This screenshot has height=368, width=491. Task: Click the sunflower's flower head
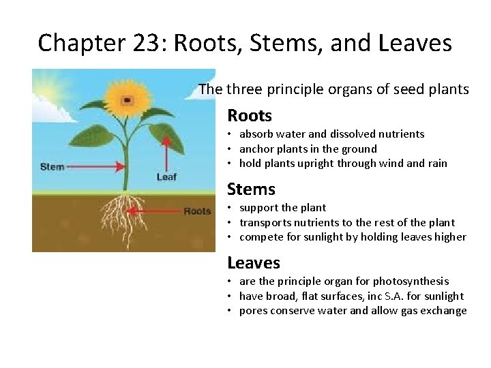[128, 99]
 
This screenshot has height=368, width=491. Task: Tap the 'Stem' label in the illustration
[53, 166]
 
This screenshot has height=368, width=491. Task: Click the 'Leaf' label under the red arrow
[166, 177]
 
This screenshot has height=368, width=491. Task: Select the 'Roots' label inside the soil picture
[197, 211]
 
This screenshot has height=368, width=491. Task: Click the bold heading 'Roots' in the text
[249, 116]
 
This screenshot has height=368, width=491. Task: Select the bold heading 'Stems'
[251, 189]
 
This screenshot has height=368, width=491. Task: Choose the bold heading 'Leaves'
[253, 262]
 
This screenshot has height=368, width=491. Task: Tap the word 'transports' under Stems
[265, 222]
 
